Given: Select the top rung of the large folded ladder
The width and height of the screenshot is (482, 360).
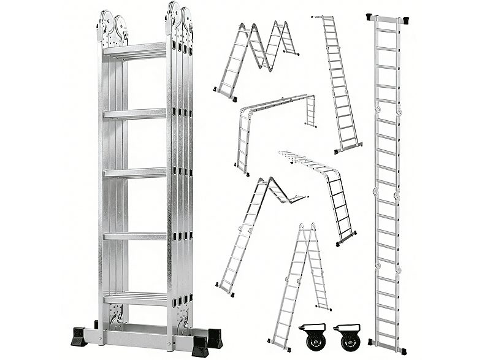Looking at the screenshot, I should click(x=134, y=50).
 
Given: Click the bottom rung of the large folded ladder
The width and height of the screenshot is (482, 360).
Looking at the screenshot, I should click(x=134, y=299).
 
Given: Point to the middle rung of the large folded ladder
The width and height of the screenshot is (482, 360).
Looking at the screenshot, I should click(x=134, y=173).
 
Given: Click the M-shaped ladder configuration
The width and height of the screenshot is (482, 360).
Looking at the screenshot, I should click(x=256, y=58).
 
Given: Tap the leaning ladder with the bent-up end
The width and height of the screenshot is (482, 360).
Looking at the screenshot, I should click(x=251, y=233).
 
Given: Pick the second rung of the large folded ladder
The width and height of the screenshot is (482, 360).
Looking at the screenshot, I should click(x=134, y=113).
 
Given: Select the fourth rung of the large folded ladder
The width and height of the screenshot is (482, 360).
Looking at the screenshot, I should click(x=134, y=236).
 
